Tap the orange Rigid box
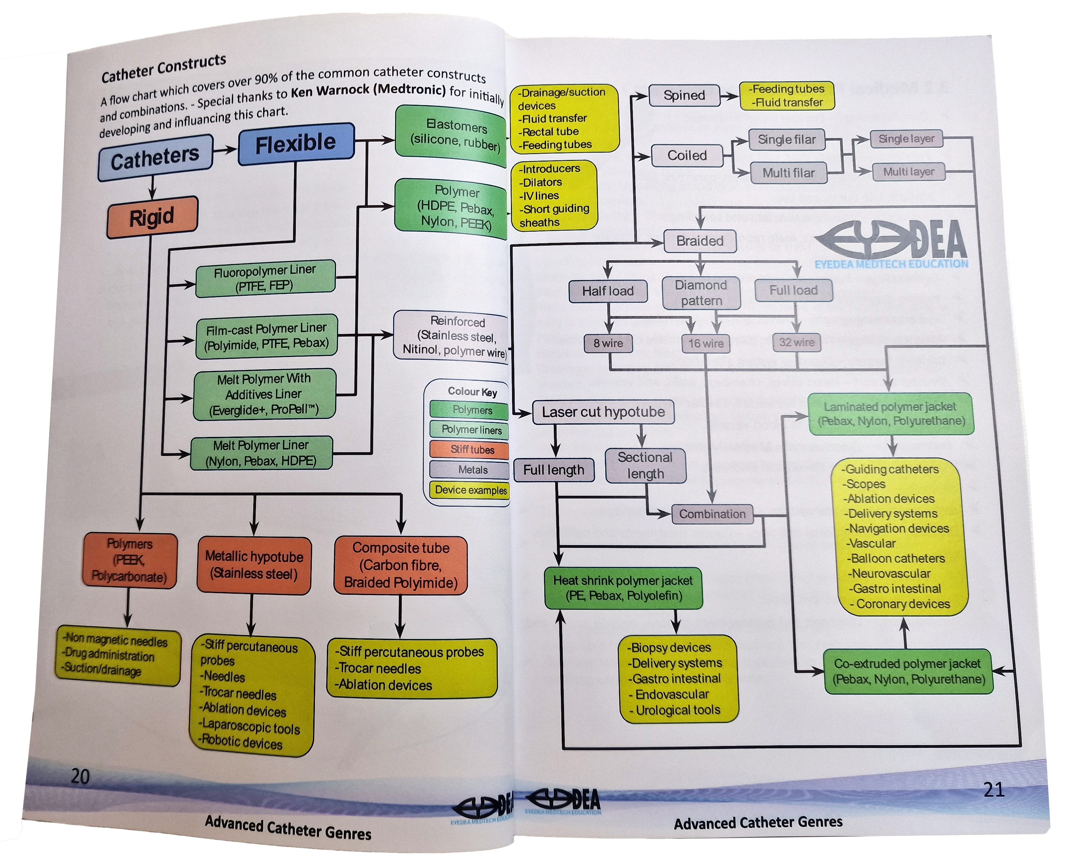coord(152,217)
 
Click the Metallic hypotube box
coord(254,565)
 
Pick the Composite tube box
coord(400,565)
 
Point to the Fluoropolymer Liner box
coord(265,278)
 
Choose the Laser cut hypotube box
coord(603,412)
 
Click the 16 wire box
coord(706,343)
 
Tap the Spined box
coord(684,95)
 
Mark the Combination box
coord(712,514)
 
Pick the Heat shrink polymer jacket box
coord(623,588)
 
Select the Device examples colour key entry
coord(470,490)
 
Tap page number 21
coord(993,790)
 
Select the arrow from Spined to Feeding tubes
coord(729,96)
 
